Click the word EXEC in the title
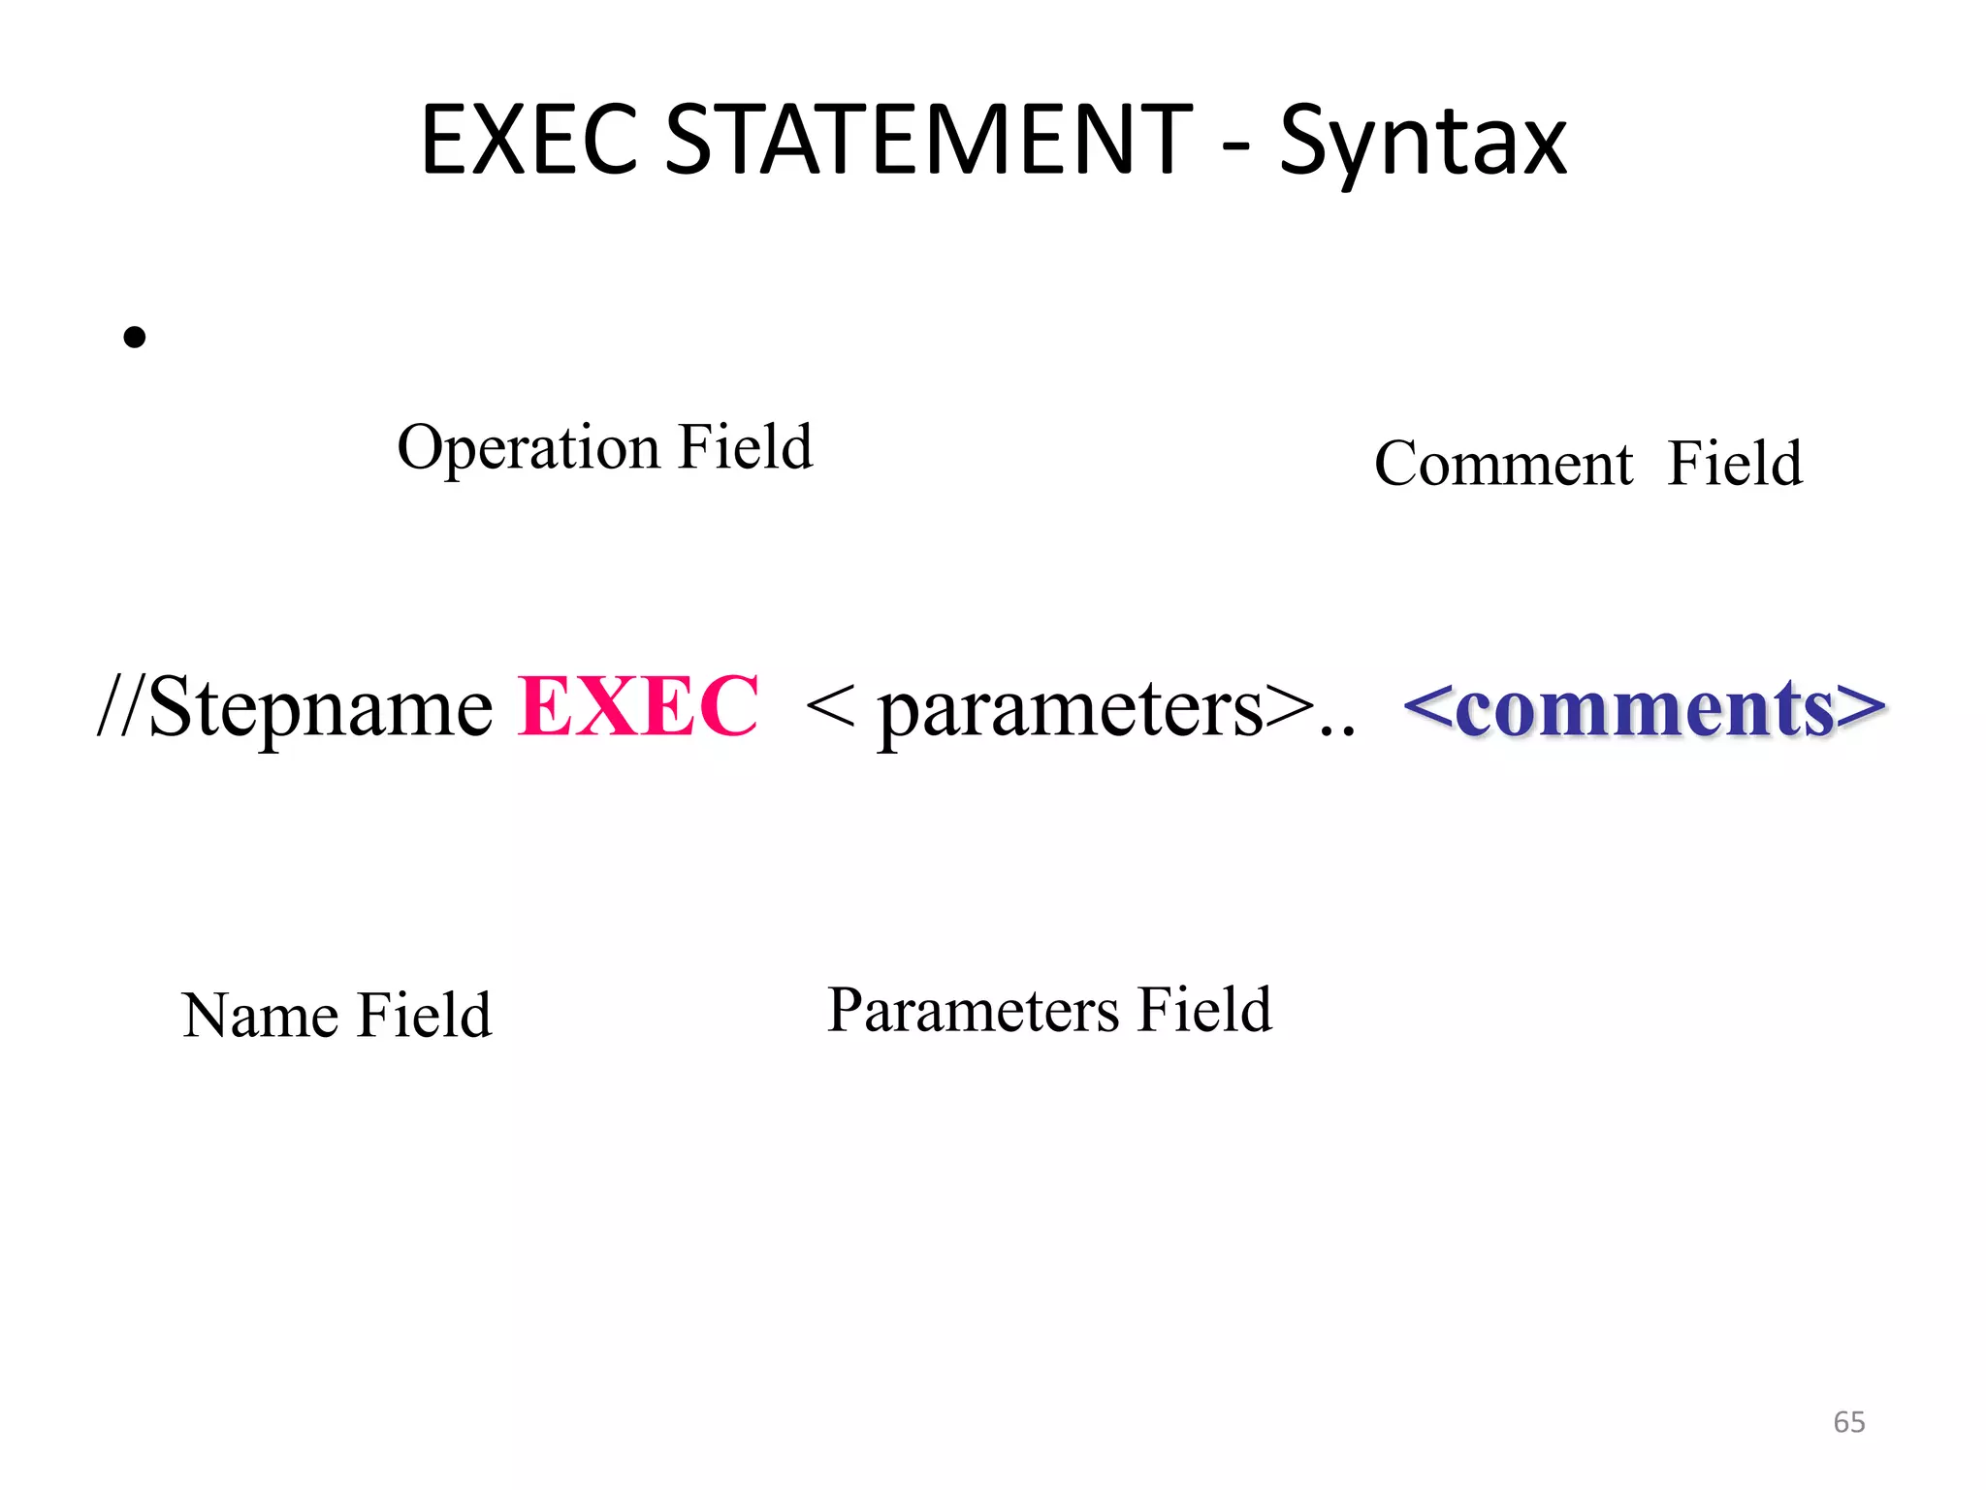click(x=529, y=141)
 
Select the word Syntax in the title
click(x=1423, y=146)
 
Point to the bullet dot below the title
click(x=135, y=337)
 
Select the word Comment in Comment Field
click(x=1503, y=464)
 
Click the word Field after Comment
click(x=1735, y=463)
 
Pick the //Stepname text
click(x=296, y=708)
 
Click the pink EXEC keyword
click(x=638, y=706)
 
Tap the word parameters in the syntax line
click(x=1071, y=710)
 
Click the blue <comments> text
click(x=1644, y=708)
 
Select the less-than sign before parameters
click(x=829, y=706)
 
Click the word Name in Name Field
click(x=260, y=1016)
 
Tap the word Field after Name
click(x=425, y=1015)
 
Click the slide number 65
click(x=1848, y=1422)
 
